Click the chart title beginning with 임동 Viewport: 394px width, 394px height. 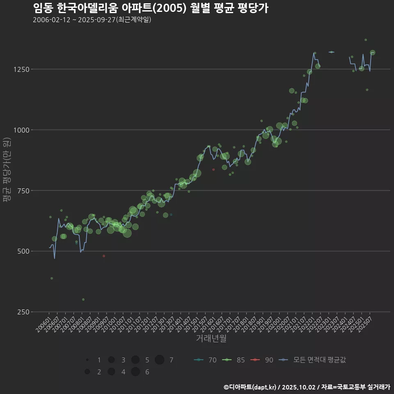[150, 8]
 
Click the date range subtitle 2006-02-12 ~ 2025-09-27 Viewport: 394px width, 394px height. [92, 20]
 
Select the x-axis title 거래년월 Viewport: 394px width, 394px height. [211, 338]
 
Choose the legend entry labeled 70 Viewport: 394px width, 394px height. [205, 360]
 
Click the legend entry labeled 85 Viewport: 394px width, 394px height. [234, 360]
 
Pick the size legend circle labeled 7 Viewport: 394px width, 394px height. [160, 360]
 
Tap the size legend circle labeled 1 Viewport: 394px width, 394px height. [87, 360]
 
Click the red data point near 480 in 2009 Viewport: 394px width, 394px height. [104, 256]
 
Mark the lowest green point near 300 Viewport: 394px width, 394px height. [83, 300]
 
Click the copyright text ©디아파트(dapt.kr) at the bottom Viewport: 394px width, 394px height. [251, 387]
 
